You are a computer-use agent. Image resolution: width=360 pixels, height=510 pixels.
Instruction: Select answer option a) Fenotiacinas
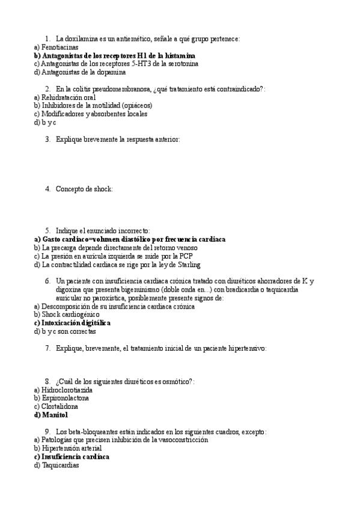point(56,47)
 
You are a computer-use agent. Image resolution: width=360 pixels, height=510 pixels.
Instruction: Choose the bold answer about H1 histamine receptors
point(114,55)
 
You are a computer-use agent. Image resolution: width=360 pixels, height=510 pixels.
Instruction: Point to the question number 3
point(47,139)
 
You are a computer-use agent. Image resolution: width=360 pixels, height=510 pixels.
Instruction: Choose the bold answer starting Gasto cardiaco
point(129,239)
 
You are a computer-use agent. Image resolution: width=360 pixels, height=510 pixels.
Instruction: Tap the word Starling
point(189,265)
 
